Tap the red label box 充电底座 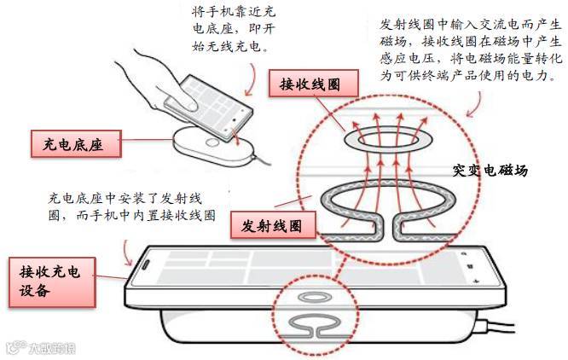74,143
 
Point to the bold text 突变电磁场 490,171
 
